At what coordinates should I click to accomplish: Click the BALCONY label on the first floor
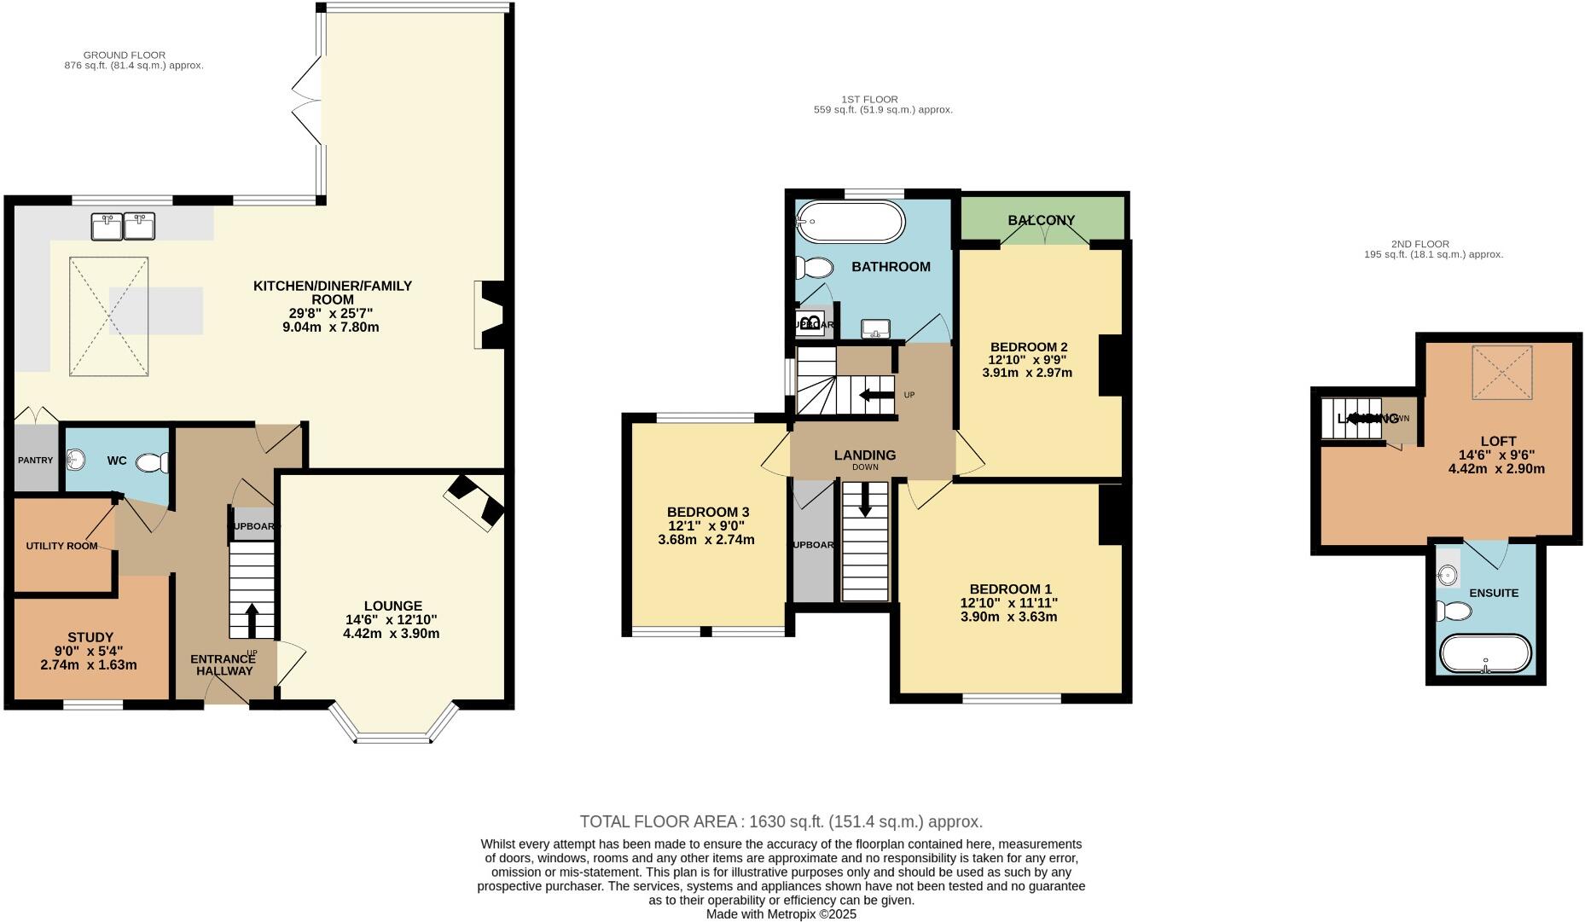(x=1042, y=220)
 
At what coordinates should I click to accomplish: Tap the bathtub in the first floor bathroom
(x=850, y=223)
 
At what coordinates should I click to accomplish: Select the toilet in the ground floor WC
(x=154, y=462)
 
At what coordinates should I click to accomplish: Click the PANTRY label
(x=35, y=461)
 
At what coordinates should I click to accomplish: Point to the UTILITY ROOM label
(x=61, y=546)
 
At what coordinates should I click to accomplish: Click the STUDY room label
(x=90, y=637)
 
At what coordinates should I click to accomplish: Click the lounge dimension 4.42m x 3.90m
(x=391, y=634)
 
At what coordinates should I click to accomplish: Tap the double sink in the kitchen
(x=124, y=227)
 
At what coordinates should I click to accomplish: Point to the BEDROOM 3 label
(x=707, y=512)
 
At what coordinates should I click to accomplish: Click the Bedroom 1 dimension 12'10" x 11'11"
(x=1009, y=602)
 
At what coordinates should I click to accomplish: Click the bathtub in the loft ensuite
(x=1485, y=655)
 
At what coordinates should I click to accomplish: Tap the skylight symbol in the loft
(x=1501, y=373)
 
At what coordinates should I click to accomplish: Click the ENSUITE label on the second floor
(x=1494, y=593)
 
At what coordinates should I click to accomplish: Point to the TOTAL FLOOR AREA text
(x=781, y=822)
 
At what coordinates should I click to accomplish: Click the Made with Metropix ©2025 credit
(x=781, y=913)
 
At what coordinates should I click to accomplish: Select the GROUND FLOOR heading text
(x=125, y=55)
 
